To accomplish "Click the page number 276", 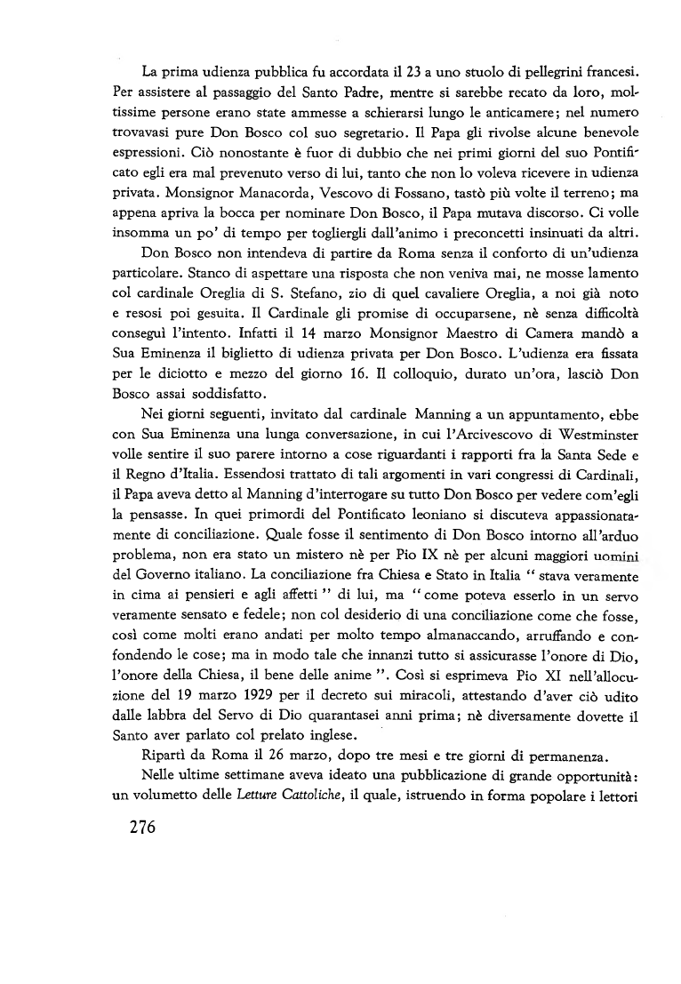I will (x=130, y=826).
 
